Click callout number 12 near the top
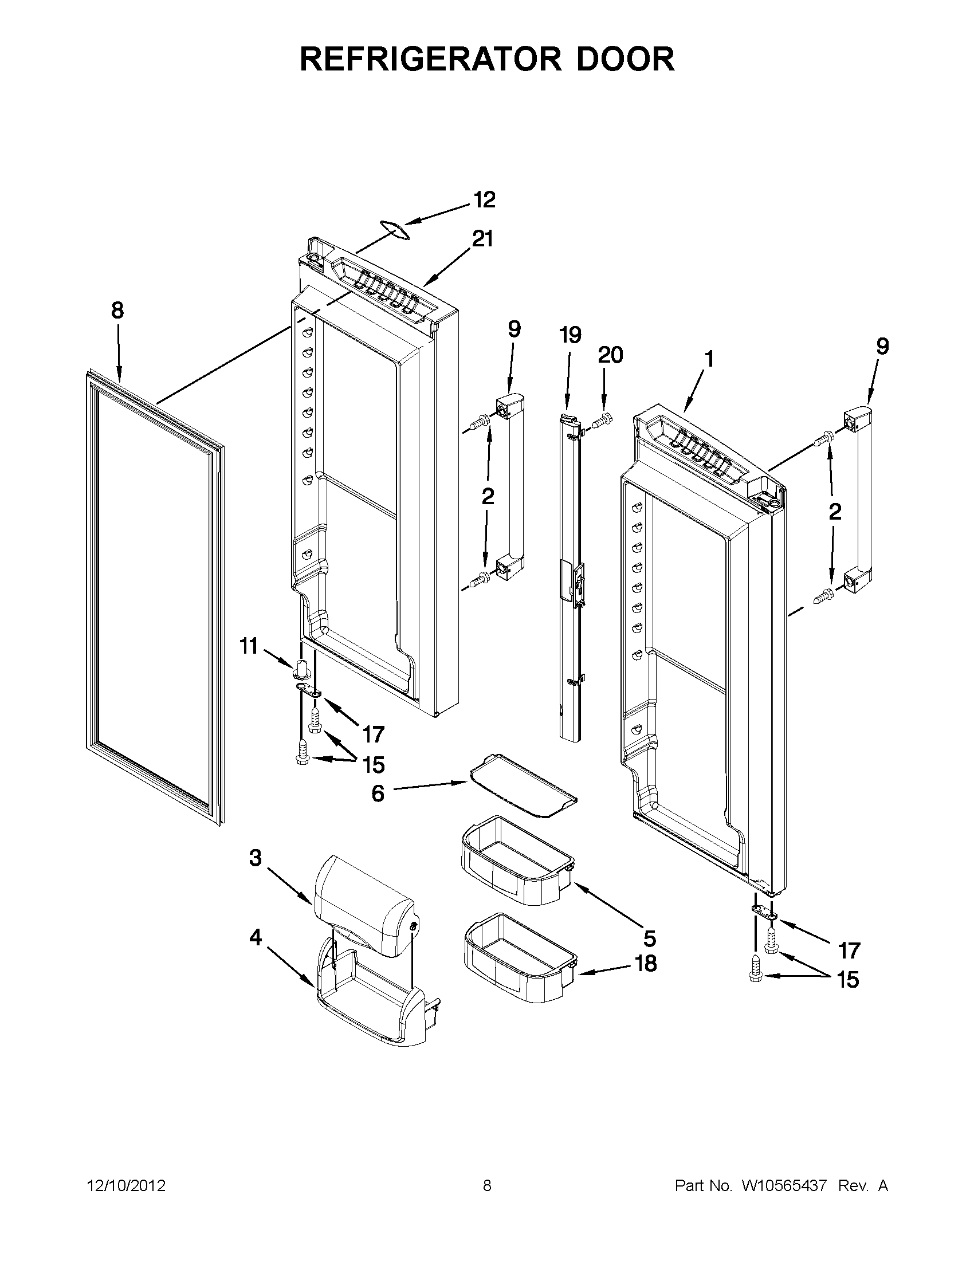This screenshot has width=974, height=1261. [484, 200]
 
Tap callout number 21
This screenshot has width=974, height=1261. [482, 238]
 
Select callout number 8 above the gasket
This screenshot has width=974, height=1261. [117, 311]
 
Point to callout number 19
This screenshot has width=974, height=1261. [571, 335]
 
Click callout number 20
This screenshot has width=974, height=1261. [610, 355]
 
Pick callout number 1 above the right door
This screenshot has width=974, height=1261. [709, 359]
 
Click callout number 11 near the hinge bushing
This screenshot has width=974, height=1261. [248, 646]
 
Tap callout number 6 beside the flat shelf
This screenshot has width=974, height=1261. [377, 793]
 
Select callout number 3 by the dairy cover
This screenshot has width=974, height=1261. [255, 875]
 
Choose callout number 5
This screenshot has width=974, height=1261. [650, 939]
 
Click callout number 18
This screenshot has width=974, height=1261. [646, 964]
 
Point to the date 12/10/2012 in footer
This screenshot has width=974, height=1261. [126, 1186]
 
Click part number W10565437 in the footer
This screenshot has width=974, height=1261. [780, 1186]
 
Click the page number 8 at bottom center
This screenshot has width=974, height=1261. [486, 1186]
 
